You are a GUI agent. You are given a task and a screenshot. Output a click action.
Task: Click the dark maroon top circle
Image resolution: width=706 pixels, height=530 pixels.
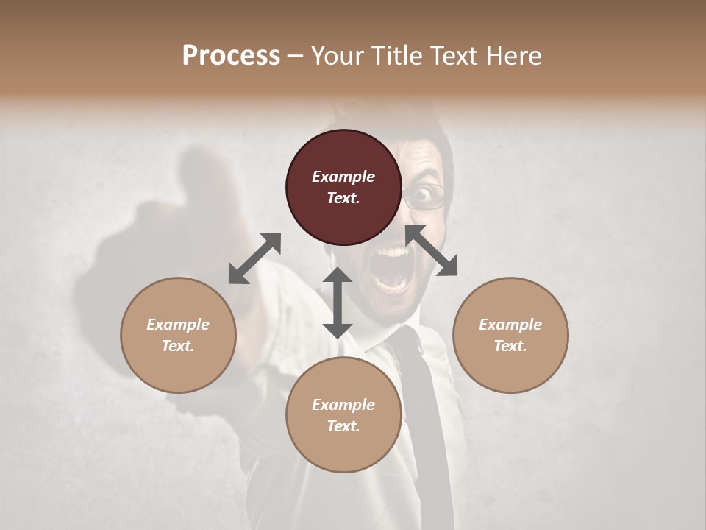point(343,187)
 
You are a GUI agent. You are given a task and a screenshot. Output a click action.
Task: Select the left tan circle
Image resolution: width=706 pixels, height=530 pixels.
point(178,335)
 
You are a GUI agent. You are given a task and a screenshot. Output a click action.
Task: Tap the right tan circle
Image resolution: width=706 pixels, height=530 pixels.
point(510,335)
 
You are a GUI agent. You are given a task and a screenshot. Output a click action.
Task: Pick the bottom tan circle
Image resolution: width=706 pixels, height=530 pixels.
point(343,415)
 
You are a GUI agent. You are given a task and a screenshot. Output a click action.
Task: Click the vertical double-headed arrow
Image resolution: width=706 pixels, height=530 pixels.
point(338,303)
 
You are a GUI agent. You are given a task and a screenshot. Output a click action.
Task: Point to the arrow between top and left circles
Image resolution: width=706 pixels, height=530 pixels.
point(254,258)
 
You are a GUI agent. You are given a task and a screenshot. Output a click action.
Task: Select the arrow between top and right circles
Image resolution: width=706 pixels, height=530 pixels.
point(431,251)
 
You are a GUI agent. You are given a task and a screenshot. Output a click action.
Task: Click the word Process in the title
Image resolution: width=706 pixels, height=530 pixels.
point(231,55)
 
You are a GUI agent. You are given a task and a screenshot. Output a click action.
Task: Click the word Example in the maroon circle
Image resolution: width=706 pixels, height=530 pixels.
point(343,177)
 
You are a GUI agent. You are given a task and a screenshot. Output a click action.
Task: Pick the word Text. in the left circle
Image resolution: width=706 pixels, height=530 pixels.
point(178,346)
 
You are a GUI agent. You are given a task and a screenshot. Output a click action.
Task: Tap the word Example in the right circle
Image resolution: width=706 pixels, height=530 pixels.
point(510,325)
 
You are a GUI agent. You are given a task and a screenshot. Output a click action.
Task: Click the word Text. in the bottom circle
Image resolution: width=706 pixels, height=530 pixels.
point(343,426)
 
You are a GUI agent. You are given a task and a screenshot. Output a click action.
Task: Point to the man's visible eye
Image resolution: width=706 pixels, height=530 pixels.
point(421,195)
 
